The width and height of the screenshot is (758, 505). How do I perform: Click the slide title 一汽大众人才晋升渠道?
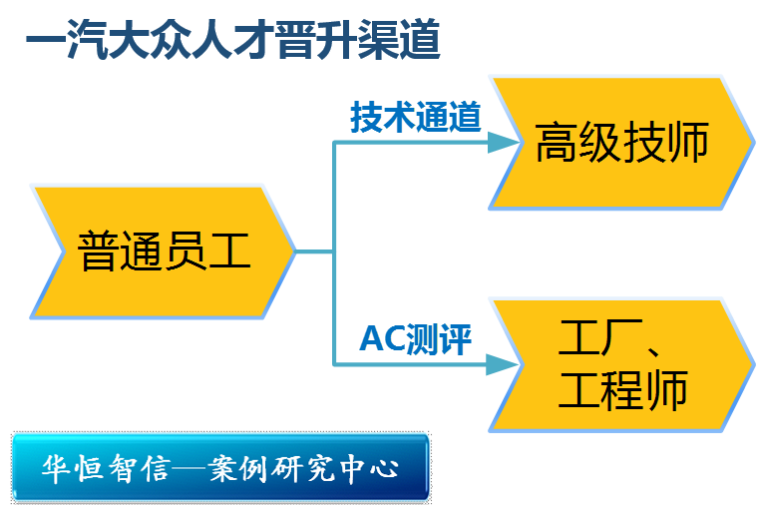(232, 42)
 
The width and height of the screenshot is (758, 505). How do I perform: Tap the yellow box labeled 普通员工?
(163, 251)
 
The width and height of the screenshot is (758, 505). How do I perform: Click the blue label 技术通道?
(416, 118)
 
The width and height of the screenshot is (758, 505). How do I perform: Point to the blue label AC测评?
(416, 339)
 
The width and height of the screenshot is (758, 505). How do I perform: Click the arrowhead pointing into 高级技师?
(503, 143)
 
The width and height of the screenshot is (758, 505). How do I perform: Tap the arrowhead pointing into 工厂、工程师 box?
(503, 365)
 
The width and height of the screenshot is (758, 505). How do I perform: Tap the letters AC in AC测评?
(380, 339)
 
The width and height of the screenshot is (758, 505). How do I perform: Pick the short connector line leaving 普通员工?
(314, 252)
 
